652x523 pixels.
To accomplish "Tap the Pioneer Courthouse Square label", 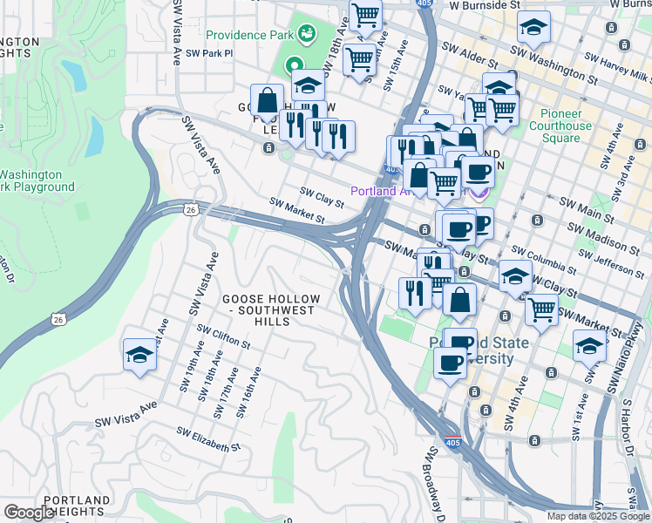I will (x=560, y=126).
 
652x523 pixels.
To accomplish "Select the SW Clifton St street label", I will (x=223, y=336).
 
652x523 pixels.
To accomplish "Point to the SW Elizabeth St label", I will (x=207, y=438).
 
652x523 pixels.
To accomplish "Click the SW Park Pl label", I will (x=209, y=53).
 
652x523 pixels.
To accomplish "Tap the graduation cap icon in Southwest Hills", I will (x=139, y=355).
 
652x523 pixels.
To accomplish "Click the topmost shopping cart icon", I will (x=366, y=15).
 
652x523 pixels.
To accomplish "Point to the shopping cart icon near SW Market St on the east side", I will (x=541, y=309).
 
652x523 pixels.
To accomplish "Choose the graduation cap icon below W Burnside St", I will (x=534, y=28).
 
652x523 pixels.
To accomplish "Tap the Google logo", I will (x=29, y=513).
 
